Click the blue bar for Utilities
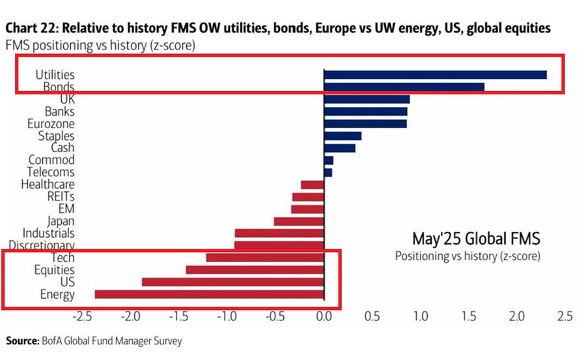[435, 75]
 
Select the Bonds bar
[404, 87]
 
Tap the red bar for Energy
[209, 294]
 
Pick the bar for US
[232, 282]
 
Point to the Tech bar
[264, 258]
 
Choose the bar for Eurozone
[365, 124]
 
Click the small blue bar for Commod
[328, 160]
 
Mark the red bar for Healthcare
[312, 185]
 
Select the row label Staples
[56, 136]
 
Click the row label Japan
[61, 221]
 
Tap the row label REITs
[61, 197]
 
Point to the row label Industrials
[48, 233]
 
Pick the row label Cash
[63, 148]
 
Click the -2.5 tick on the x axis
[83, 317]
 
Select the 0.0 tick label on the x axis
[324, 317]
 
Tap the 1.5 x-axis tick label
[468, 317]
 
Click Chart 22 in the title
[31, 29]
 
